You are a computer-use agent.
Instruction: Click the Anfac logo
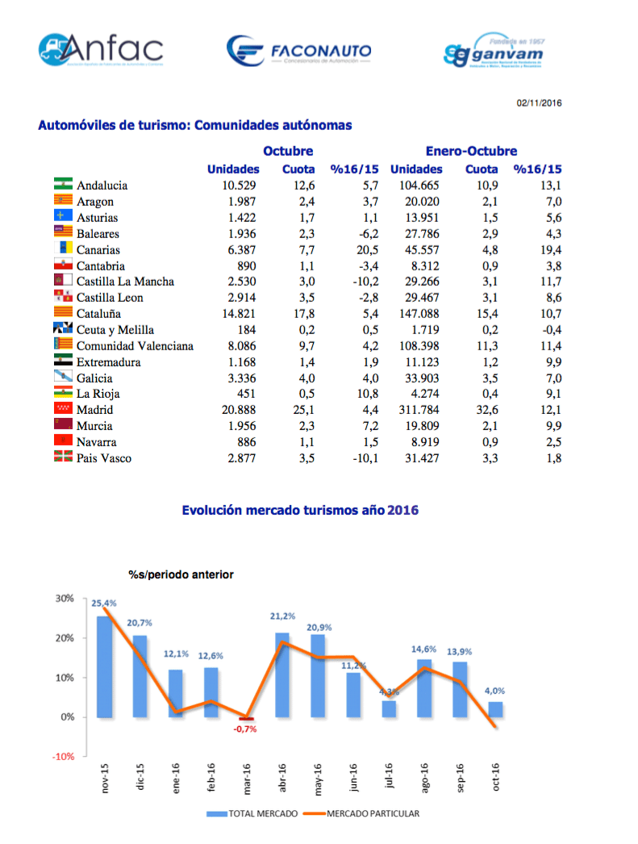click(x=100, y=49)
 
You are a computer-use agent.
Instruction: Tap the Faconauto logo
click(x=299, y=52)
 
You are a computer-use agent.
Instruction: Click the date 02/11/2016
click(x=539, y=103)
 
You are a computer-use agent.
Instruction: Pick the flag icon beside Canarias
click(x=64, y=249)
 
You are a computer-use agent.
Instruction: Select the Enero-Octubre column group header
click(x=471, y=151)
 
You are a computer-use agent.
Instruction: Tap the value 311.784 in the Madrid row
click(x=415, y=410)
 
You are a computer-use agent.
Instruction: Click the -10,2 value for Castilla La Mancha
click(x=363, y=282)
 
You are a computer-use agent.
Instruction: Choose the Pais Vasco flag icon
click(x=64, y=458)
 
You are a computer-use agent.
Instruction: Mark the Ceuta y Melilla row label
click(x=115, y=330)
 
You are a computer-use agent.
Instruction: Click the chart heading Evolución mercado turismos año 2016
click(x=300, y=510)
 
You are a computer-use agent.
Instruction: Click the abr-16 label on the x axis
click(x=282, y=776)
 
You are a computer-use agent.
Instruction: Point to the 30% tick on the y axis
click(x=65, y=599)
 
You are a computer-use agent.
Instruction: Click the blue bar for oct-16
click(x=495, y=709)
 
